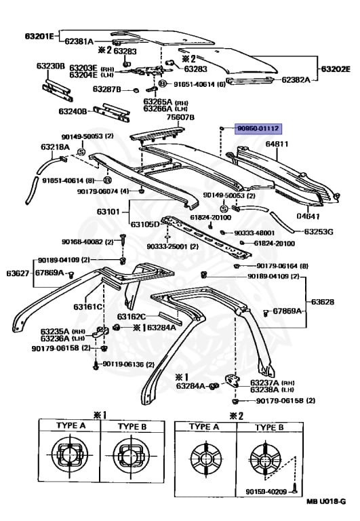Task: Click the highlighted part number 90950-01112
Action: coord(258,128)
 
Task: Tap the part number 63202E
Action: coord(335,69)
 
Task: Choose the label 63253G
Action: coord(318,231)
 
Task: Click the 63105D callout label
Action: coord(144,224)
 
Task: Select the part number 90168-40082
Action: coord(83,241)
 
